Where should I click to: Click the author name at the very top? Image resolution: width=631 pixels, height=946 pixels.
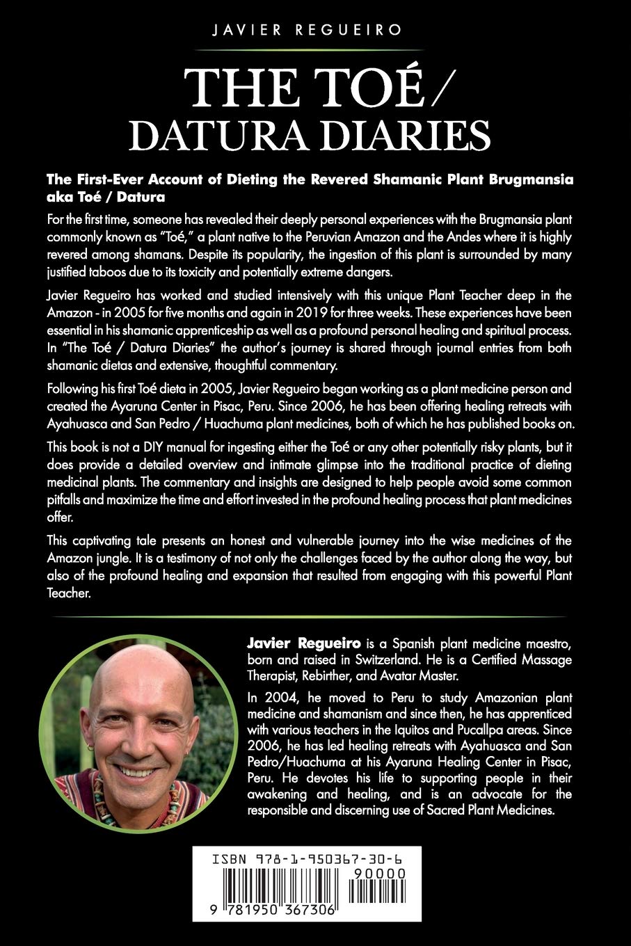(315, 30)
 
